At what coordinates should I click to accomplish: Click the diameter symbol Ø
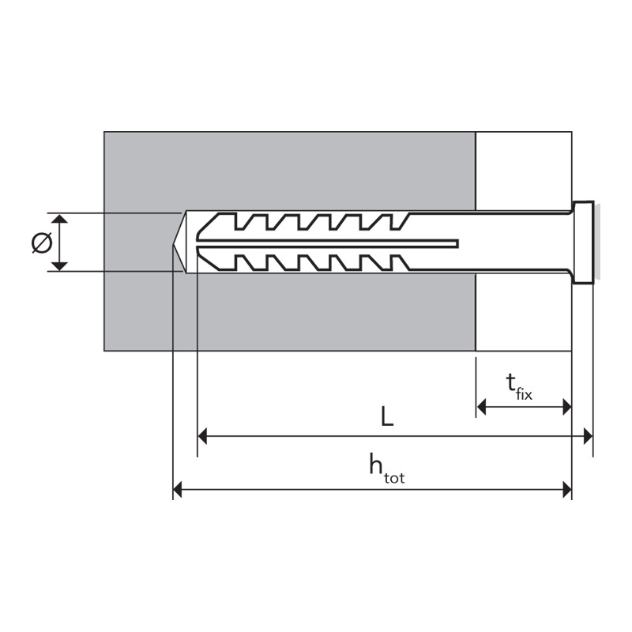click(x=42, y=243)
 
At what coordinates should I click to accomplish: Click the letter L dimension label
click(x=387, y=416)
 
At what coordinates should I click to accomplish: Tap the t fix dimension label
click(x=518, y=387)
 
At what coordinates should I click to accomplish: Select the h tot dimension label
click(x=387, y=468)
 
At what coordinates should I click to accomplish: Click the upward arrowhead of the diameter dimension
click(x=60, y=219)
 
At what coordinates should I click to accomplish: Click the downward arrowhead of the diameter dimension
click(x=60, y=266)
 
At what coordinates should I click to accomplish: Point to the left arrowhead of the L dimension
click(x=202, y=436)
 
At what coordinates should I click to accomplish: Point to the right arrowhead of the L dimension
click(x=588, y=436)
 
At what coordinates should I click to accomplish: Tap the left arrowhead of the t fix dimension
click(x=481, y=407)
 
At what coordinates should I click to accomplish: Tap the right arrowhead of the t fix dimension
click(x=567, y=407)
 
